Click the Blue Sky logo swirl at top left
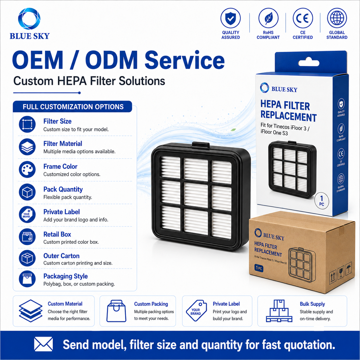[29, 19]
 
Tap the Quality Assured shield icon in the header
[231, 18]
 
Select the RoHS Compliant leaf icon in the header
[268, 18]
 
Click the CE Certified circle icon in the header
[303, 18]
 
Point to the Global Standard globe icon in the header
[337, 18]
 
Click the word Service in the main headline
[185, 61]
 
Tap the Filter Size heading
[57, 121]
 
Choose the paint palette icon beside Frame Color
[27, 169]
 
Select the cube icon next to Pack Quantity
[27, 192]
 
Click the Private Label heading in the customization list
[61, 212]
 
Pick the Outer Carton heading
[61, 256]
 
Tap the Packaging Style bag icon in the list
[27, 279]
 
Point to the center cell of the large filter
[196, 195]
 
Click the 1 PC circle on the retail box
[322, 201]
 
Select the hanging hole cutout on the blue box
[309, 62]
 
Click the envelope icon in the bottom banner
[43, 344]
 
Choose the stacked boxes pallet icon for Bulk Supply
[279, 311]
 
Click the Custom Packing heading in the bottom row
[151, 304]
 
